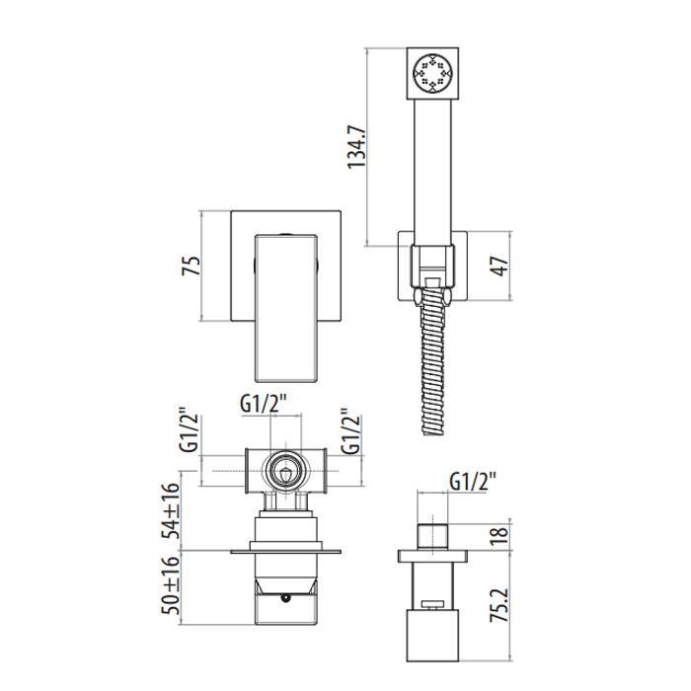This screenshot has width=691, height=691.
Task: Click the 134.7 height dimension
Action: coord(356,147)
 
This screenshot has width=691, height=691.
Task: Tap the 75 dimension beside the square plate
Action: coord(191,266)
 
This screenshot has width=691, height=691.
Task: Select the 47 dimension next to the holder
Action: coord(499,266)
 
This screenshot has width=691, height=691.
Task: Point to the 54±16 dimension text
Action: coord(171,510)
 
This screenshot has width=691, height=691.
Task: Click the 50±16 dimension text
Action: coord(171,585)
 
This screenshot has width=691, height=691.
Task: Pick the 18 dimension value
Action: coord(499,535)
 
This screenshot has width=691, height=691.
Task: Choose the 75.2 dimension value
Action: coord(499,604)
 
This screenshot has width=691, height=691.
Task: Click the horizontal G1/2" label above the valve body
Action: coord(264,403)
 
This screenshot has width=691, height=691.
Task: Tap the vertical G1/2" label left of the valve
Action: coord(190,434)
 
